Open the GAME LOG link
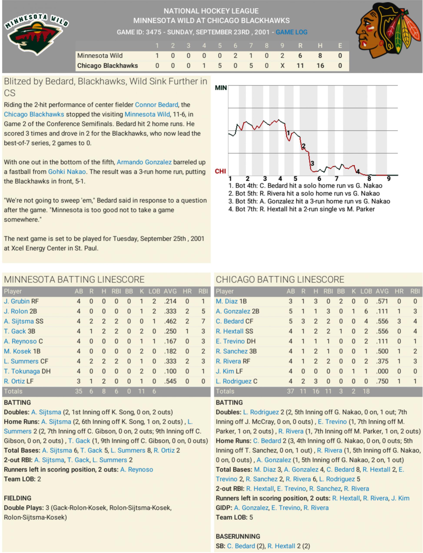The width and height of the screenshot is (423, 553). click(291, 32)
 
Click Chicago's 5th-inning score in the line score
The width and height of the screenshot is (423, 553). click(220, 66)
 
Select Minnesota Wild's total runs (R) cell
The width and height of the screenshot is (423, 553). click(300, 56)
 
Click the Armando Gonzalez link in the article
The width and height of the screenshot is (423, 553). click(144, 162)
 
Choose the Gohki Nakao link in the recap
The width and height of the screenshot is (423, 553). click(67, 172)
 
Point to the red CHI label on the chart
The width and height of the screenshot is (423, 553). click(220, 171)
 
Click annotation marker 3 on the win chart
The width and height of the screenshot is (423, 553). click(312, 163)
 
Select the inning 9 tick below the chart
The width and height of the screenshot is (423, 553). click(388, 179)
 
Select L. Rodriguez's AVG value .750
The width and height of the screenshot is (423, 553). click(382, 381)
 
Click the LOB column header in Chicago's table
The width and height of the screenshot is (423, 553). click(366, 291)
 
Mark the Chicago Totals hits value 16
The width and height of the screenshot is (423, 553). click(315, 391)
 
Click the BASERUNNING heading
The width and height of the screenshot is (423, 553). click(238, 536)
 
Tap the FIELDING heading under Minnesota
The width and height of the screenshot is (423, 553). click(18, 498)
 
